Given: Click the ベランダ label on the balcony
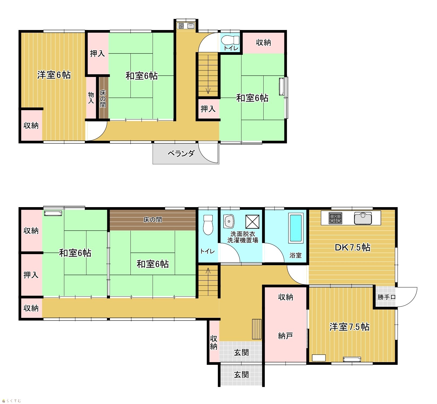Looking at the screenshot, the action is click(x=181, y=154).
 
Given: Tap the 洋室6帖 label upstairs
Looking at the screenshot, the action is click(x=54, y=75).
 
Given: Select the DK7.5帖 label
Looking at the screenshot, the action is click(x=352, y=247).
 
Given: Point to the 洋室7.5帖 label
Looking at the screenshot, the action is click(x=349, y=327).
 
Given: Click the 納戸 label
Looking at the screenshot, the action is click(x=285, y=336).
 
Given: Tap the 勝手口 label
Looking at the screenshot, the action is click(x=386, y=297).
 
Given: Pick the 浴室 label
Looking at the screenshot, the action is click(x=295, y=255).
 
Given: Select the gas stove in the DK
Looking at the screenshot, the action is click(x=335, y=218).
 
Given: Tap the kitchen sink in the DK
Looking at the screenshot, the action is click(x=363, y=218).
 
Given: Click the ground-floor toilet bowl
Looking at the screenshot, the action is click(x=208, y=225).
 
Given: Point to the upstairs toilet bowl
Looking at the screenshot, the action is click(x=230, y=40).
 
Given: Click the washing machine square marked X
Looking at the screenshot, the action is click(x=252, y=222).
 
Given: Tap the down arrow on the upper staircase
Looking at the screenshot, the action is click(x=208, y=90).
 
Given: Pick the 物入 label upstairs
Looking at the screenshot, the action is click(x=91, y=97).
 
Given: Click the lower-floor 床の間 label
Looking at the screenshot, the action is click(x=153, y=220).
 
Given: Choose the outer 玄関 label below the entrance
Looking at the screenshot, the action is click(x=241, y=375).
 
